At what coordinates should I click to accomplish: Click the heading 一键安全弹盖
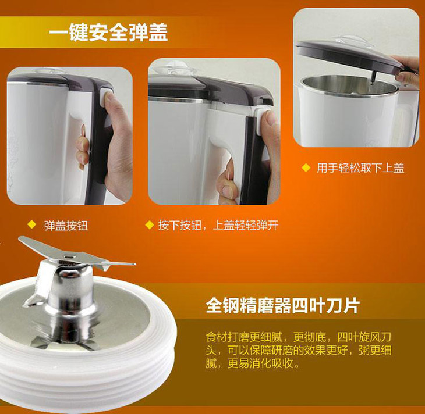pyautogui.click(x=108, y=33)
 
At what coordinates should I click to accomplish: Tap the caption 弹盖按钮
pyautogui.click(x=66, y=226)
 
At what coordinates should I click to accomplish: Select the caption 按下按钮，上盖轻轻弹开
pyautogui.click(x=218, y=225)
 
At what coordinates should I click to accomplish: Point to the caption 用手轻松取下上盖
pyautogui.click(x=360, y=168)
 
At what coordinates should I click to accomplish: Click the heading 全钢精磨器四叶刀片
pyautogui.click(x=283, y=306)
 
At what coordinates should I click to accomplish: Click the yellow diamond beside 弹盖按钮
pyautogui.click(x=32, y=225)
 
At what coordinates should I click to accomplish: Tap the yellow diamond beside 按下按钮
pyautogui.click(x=150, y=225)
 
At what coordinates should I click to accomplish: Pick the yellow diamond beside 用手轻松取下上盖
pyautogui.click(x=306, y=167)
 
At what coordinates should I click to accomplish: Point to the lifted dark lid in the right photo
pyautogui.click(x=350, y=57)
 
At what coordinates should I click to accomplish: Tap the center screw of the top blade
pyautogui.click(x=68, y=255)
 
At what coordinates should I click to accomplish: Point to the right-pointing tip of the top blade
pyautogui.click(x=134, y=263)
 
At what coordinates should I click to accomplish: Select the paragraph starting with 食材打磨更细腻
pyautogui.click(x=298, y=350)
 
